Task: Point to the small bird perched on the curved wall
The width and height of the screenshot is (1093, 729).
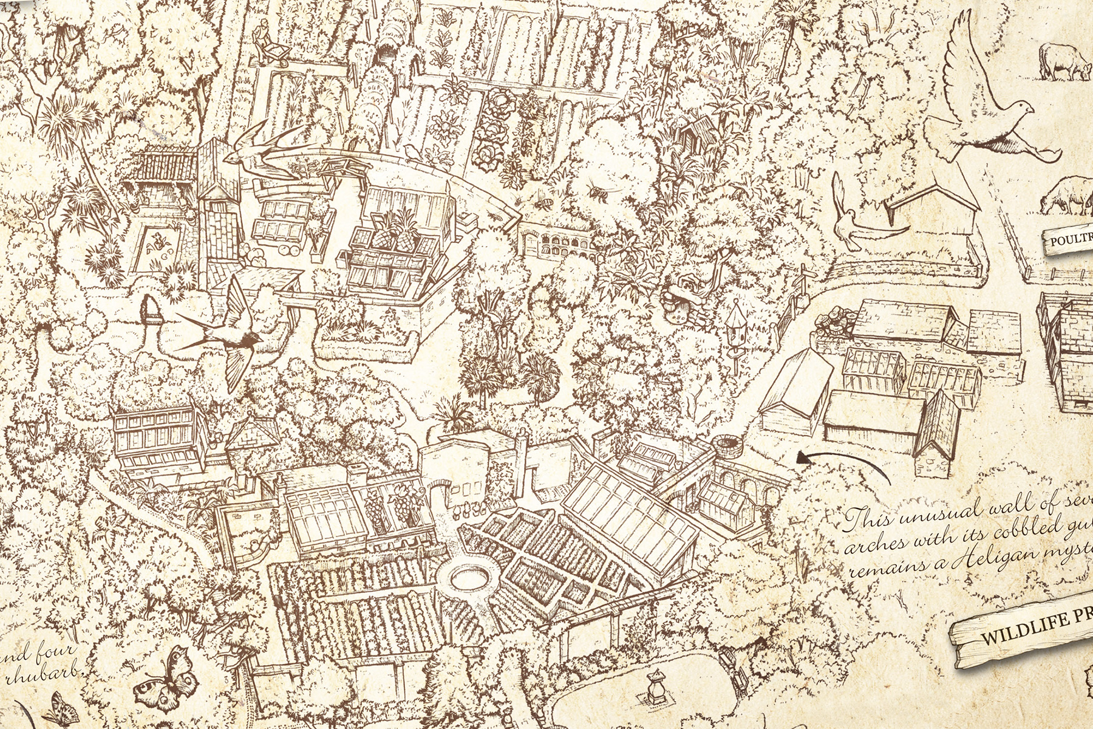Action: pos(410,149)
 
